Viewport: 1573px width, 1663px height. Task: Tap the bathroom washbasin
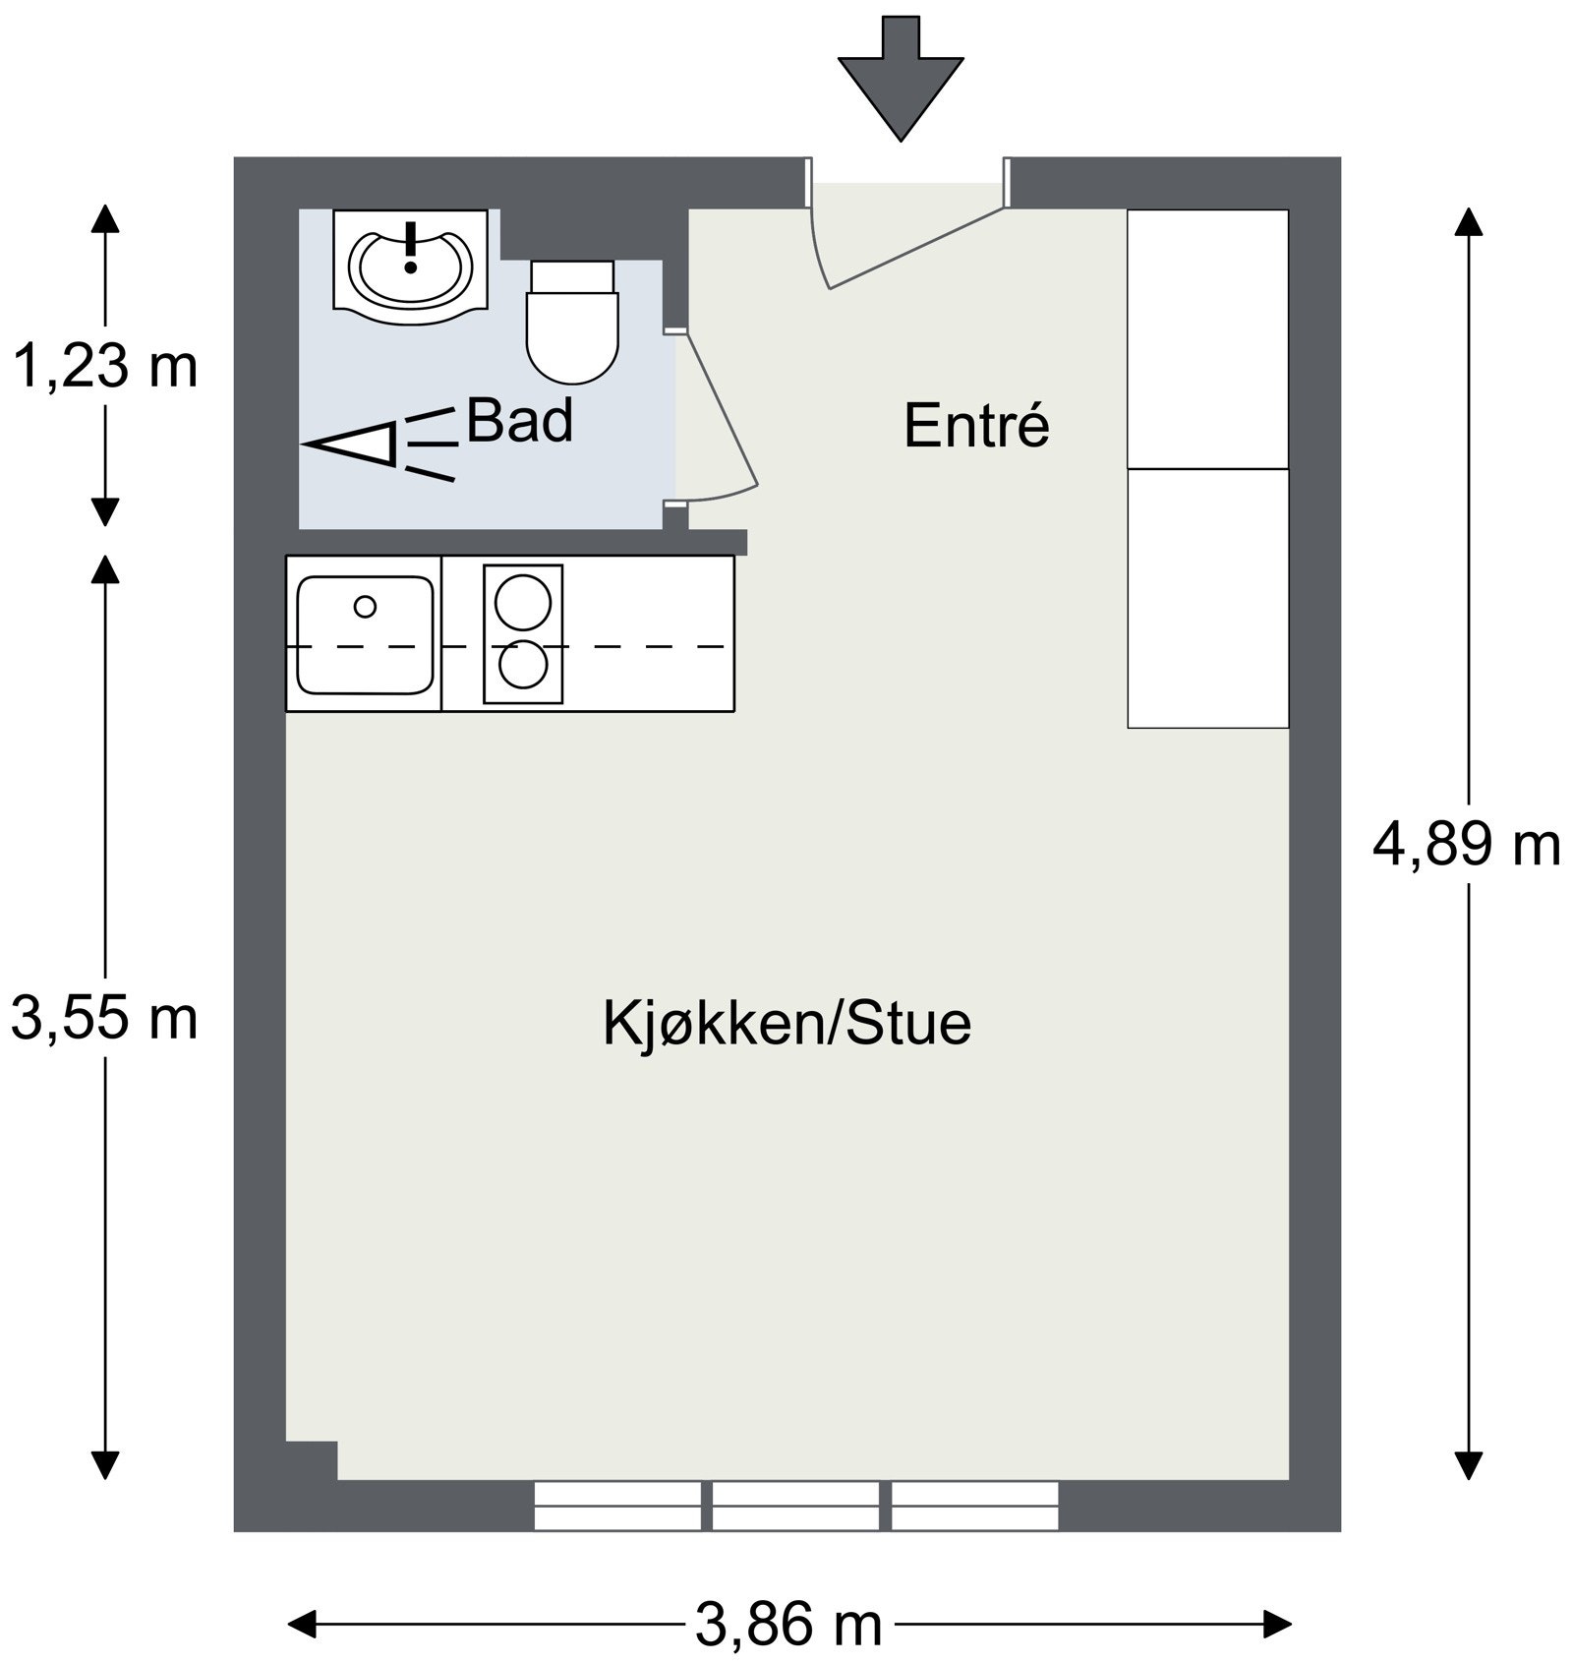point(411,267)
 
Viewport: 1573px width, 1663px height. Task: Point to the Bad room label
point(519,421)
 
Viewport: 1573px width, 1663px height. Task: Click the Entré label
point(976,426)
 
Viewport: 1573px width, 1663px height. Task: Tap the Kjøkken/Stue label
point(786,1023)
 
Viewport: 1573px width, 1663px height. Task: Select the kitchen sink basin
point(365,635)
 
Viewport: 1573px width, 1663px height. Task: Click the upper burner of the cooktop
point(523,601)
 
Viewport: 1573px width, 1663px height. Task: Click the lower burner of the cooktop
point(523,666)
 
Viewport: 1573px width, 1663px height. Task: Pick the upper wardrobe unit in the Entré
point(1207,339)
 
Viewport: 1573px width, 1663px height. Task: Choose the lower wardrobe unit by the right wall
point(1207,598)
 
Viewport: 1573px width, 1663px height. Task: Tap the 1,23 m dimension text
point(104,367)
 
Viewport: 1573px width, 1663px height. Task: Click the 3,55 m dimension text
point(104,1018)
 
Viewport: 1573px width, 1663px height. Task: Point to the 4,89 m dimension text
point(1466,845)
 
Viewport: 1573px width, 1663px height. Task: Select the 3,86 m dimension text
point(788,1624)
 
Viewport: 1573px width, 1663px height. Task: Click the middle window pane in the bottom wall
point(794,1506)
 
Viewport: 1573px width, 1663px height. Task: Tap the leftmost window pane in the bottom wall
point(616,1506)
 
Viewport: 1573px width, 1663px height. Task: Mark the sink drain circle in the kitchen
point(365,607)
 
